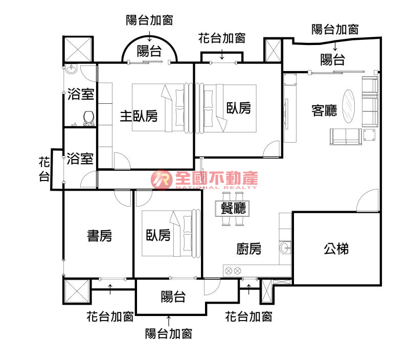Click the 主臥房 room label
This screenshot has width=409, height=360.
(139, 116)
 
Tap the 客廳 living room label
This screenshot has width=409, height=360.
(325, 110)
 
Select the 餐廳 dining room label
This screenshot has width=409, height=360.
(233, 208)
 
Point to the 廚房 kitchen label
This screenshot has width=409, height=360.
(249, 249)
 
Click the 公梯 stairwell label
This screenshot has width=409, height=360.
(336, 249)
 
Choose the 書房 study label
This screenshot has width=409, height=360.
(99, 236)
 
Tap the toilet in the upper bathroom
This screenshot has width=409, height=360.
(88, 117)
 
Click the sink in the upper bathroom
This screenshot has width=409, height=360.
(71, 69)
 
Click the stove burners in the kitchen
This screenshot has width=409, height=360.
(233, 271)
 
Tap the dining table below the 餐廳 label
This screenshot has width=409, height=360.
(233, 221)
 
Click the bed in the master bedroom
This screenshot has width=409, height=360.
(158, 107)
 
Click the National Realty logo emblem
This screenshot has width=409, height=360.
(161, 178)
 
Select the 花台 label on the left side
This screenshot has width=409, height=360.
(45, 170)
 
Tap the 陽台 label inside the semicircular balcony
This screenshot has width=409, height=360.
(149, 51)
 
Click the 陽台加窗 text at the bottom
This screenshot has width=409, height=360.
(169, 334)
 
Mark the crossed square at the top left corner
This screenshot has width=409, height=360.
(78, 50)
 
